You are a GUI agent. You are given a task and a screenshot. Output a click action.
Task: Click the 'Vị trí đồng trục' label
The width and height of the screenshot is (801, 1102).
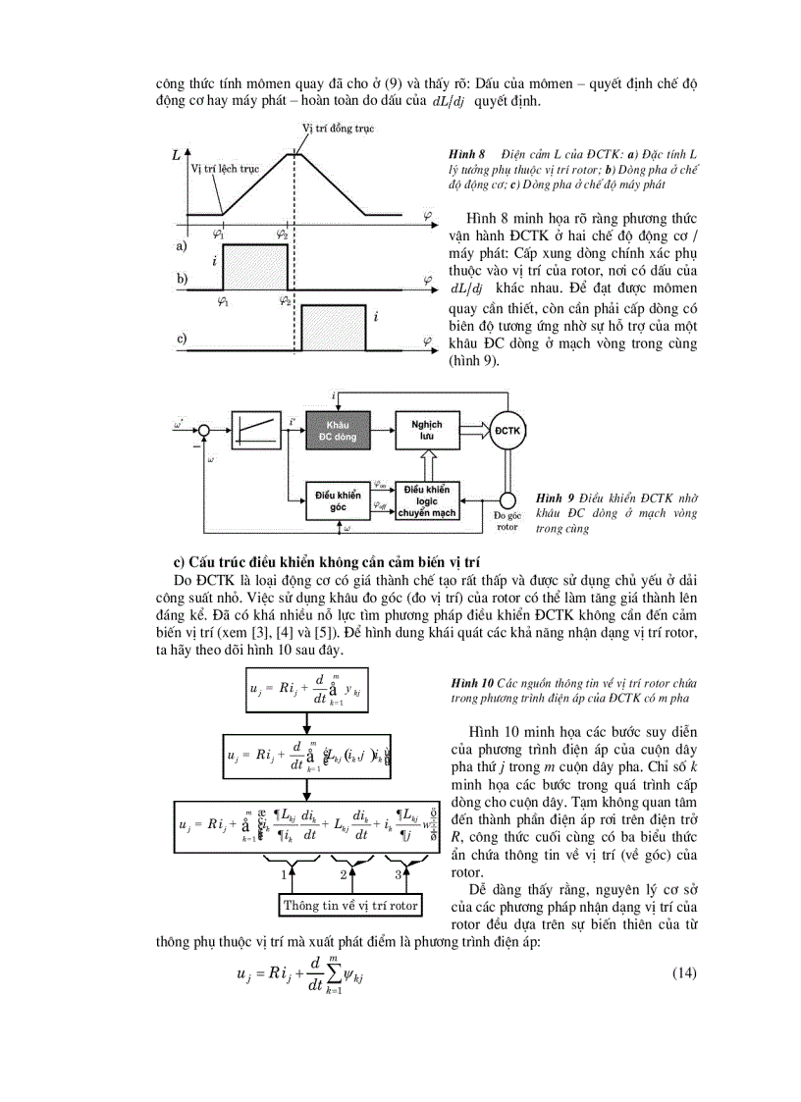point(337,129)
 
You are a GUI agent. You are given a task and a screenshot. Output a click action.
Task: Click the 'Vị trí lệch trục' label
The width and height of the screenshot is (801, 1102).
point(224,169)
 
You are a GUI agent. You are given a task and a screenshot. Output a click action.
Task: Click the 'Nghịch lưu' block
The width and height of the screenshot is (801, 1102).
point(427,430)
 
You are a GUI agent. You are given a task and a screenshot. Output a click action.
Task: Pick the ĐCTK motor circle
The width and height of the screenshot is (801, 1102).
point(508,431)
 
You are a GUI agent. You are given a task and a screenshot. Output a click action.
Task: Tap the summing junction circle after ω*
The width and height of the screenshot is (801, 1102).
point(202,429)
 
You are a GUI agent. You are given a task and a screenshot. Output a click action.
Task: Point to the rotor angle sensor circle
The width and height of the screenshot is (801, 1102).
point(508,499)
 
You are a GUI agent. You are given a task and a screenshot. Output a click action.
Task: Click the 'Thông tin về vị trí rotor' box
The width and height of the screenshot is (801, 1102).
point(350,904)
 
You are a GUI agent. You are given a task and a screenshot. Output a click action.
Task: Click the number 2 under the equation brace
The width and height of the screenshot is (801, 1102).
point(344,872)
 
